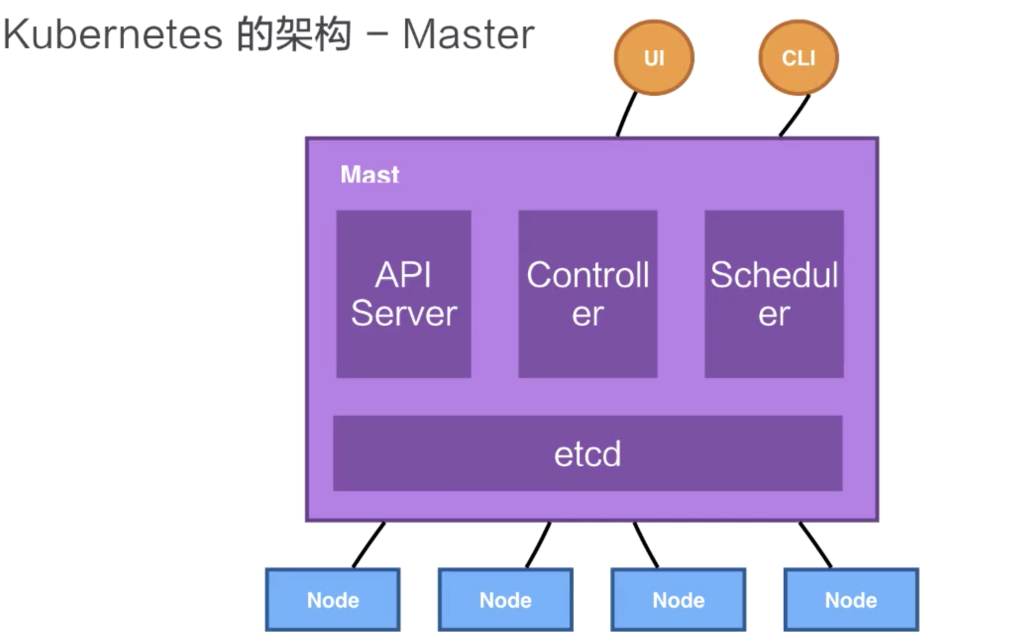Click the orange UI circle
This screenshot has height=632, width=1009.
[654, 57]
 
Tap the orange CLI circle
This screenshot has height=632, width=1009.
[798, 57]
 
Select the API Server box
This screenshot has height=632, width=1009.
[404, 294]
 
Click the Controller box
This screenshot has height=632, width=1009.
[588, 294]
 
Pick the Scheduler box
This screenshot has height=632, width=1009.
[774, 294]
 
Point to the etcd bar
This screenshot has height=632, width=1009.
[588, 453]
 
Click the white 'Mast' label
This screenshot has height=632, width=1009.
[370, 174]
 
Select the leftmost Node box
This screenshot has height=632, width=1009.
[333, 600]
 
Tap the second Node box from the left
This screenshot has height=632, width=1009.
[505, 600]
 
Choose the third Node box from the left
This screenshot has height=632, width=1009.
[678, 600]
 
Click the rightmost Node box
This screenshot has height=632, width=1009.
[851, 600]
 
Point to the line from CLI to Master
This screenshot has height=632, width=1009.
[795, 115]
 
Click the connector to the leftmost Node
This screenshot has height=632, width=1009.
[368, 545]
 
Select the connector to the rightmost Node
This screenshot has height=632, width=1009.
[816, 545]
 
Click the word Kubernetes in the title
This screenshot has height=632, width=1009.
[112, 35]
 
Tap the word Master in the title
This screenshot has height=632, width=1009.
[468, 35]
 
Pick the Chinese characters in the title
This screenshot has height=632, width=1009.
[294, 35]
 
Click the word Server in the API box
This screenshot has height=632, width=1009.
[404, 314]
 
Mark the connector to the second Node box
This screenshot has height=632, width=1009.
[538, 545]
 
